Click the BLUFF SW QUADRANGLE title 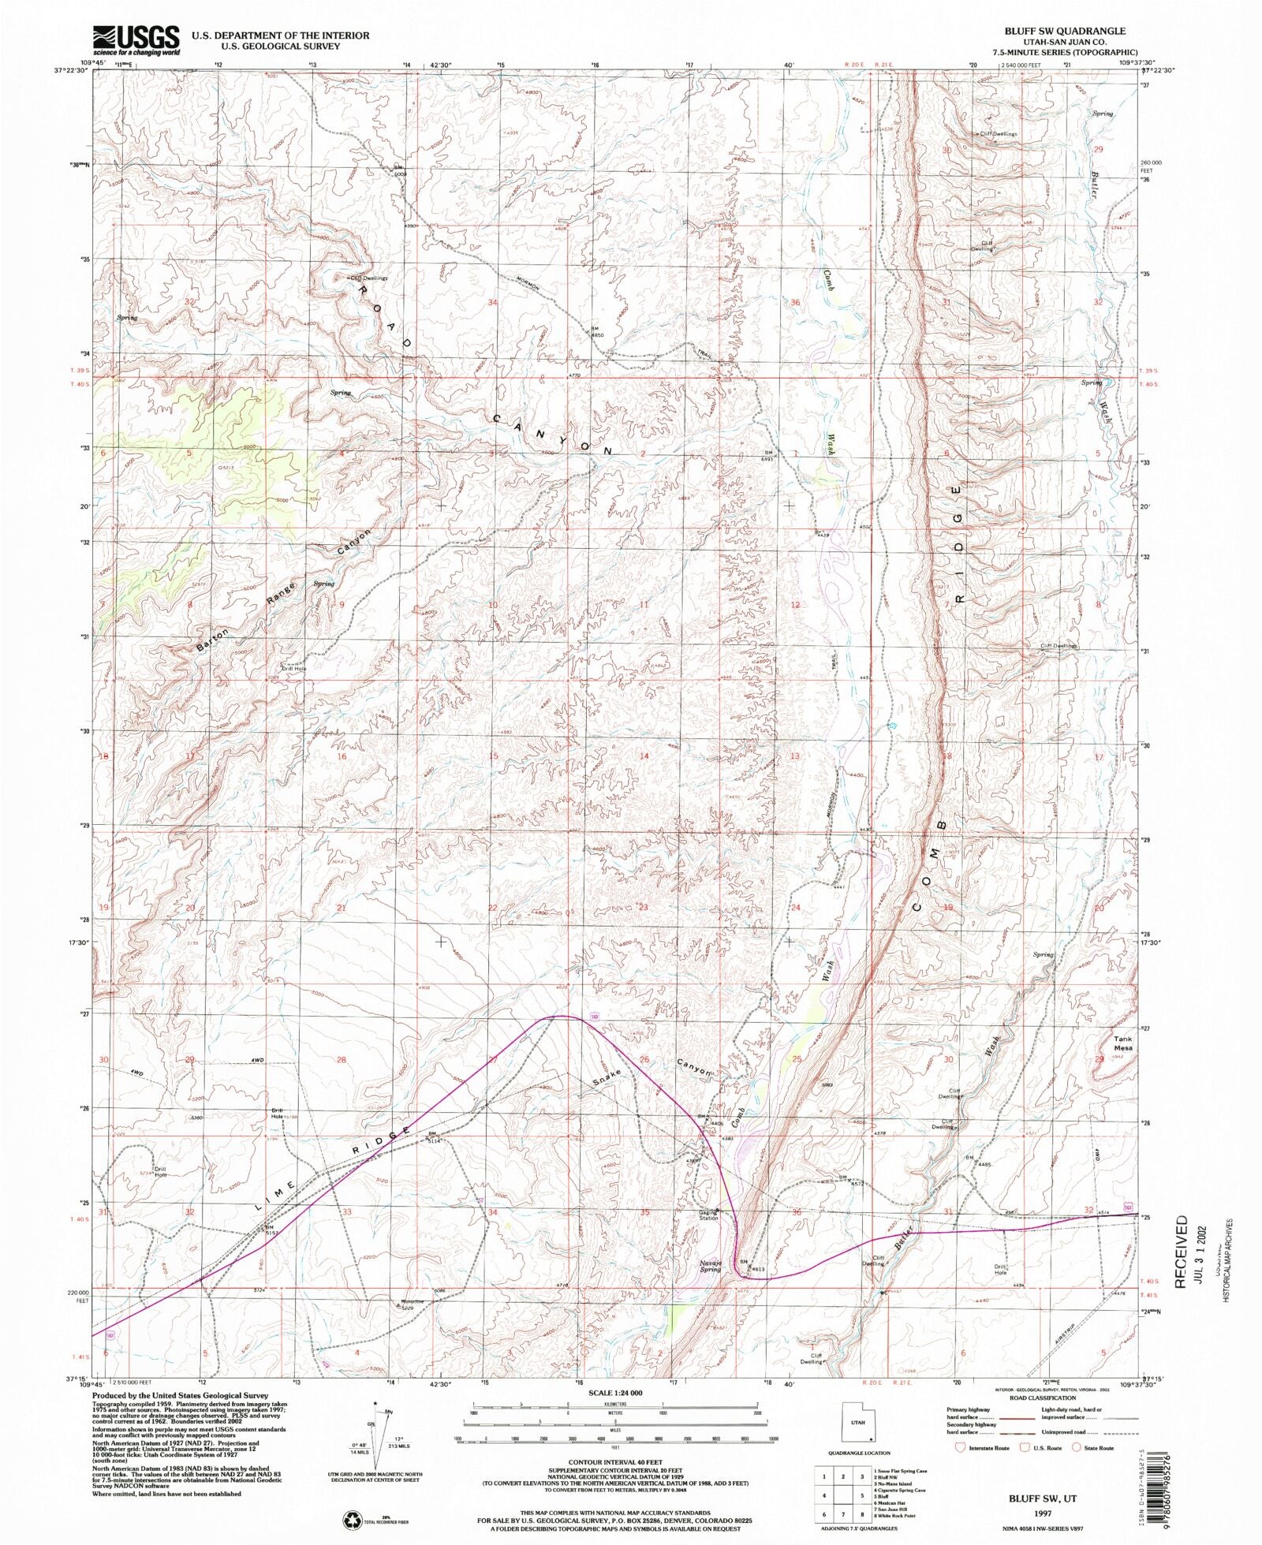[x=1064, y=31]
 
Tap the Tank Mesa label [x=1122, y=1043]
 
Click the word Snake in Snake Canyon [x=608, y=1077]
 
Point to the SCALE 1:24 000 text [x=615, y=1393]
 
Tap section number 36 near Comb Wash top [x=795, y=303]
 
